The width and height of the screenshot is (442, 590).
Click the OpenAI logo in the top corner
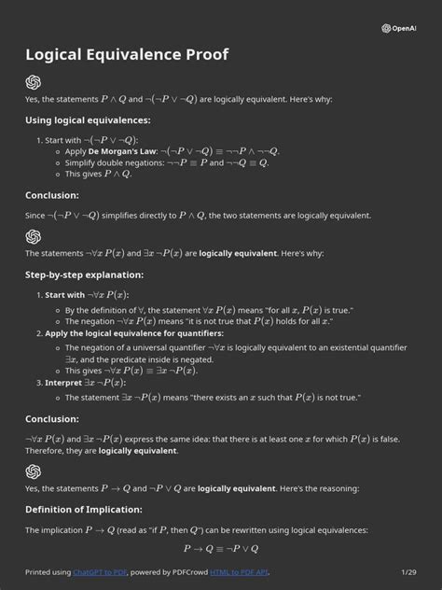(399, 28)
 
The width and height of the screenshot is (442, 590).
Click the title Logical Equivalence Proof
(127, 55)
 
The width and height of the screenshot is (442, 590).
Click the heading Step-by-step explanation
(84, 274)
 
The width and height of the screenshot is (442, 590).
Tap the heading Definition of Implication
(83, 510)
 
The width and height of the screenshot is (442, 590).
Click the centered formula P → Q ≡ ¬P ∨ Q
(221, 549)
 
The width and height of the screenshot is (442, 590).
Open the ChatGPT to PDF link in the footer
(102, 571)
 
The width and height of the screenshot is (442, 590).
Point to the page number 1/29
(408, 571)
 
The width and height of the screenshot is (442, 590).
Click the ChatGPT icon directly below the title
(34, 81)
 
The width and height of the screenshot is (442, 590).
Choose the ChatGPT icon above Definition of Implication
(34, 471)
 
